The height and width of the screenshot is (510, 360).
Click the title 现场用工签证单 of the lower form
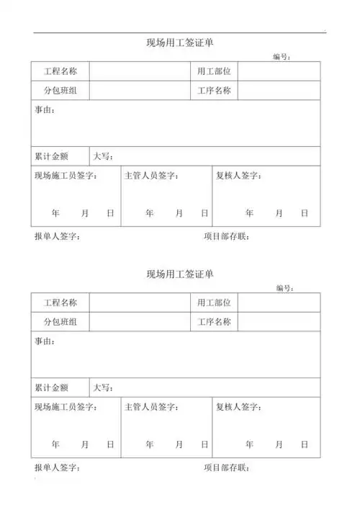point(179,274)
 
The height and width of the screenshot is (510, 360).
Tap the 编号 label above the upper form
point(282,57)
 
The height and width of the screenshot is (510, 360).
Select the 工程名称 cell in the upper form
point(60,71)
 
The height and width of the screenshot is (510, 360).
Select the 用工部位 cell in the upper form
point(214,71)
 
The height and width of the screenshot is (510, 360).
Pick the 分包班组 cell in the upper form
point(60,91)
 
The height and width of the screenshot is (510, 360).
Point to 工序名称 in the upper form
point(214,91)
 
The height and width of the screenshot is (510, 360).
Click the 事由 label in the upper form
point(45,110)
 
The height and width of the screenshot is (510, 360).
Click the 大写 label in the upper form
point(103,156)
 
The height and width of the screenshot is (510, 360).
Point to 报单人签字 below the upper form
point(57,236)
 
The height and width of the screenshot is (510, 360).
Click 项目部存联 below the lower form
point(226,468)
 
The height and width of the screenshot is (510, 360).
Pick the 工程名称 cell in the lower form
point(60,303)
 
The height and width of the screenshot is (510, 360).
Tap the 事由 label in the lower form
point(45,341)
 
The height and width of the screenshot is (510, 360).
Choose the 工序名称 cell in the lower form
point(214,322)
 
